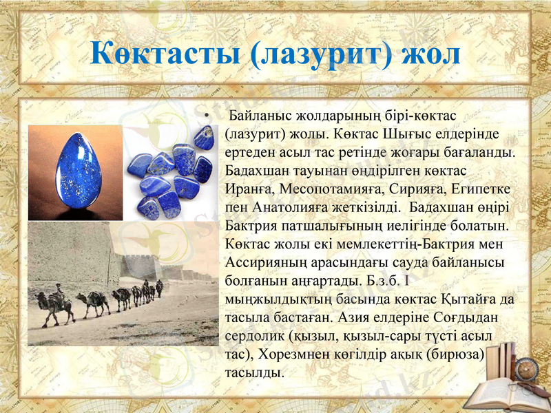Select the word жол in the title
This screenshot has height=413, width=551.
point(432,54)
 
